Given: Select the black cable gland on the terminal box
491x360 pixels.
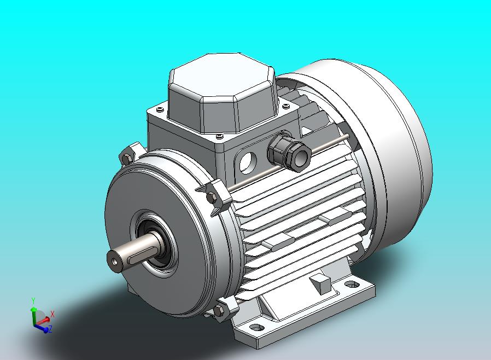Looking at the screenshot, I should [289, 152].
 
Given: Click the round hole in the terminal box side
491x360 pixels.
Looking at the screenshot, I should [247, 161].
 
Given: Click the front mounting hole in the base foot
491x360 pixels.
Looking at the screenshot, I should [256, 328].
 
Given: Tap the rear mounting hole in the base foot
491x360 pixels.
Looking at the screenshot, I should [350, 285].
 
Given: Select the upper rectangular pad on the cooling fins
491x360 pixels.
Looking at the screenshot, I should [335, 217].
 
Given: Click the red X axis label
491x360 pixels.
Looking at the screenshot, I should [52, 315].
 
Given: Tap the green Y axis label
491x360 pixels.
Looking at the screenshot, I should [33, 301].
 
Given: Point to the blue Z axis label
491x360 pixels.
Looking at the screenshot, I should [50, 329].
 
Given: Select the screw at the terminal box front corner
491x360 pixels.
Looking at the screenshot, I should [219, 136].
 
